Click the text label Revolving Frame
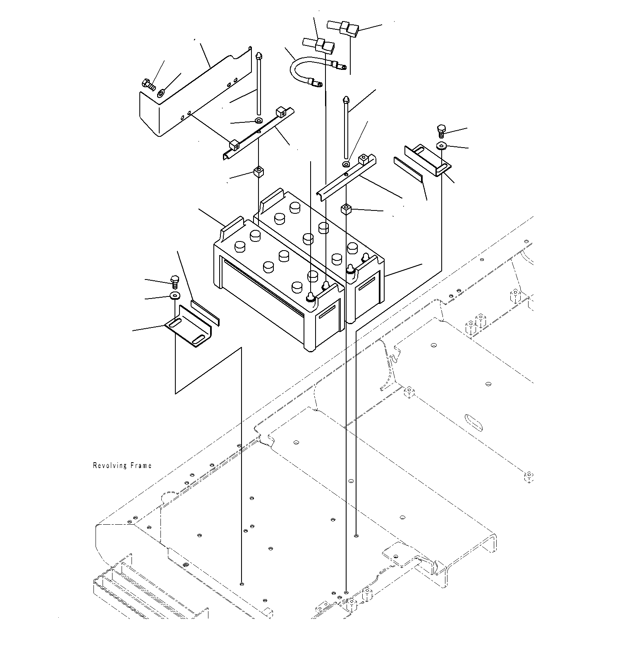(122, 466)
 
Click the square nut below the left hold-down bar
(258, 171)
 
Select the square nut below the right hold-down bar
(346, 210)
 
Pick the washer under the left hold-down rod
(258, 120)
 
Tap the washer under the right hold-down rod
(346, 165)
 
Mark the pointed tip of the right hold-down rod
(346, 100)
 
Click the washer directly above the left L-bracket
(175, 296)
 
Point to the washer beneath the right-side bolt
(442, 145)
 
